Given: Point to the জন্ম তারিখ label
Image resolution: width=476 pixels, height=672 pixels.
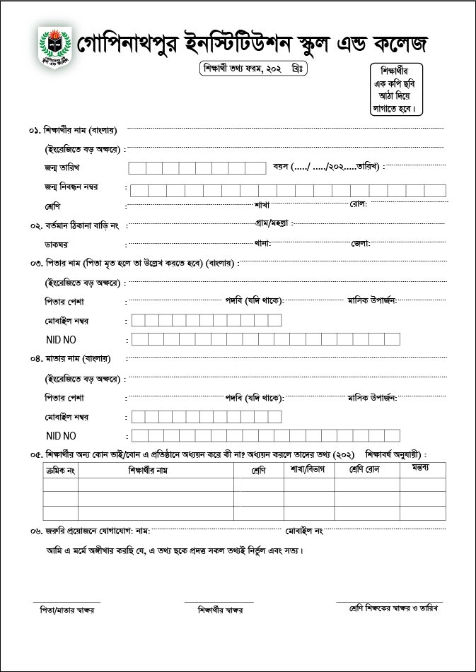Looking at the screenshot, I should tap(62, 168).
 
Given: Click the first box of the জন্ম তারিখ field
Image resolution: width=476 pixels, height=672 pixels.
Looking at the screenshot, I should tap(137, 168).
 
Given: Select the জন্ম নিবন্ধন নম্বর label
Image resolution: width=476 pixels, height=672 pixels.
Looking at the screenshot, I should tap(71, 187).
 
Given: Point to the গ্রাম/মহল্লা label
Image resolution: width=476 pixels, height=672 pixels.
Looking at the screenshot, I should tap(273, 223).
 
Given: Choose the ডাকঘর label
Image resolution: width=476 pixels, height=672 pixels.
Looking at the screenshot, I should tap(57, 244).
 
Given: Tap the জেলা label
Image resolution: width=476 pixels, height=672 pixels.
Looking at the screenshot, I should tap(360, 244).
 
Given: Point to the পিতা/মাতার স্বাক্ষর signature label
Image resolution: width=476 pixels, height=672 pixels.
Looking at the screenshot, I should tap(67, 609).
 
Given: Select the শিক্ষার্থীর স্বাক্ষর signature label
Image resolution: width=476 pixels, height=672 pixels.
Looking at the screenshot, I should tap(220, 610).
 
